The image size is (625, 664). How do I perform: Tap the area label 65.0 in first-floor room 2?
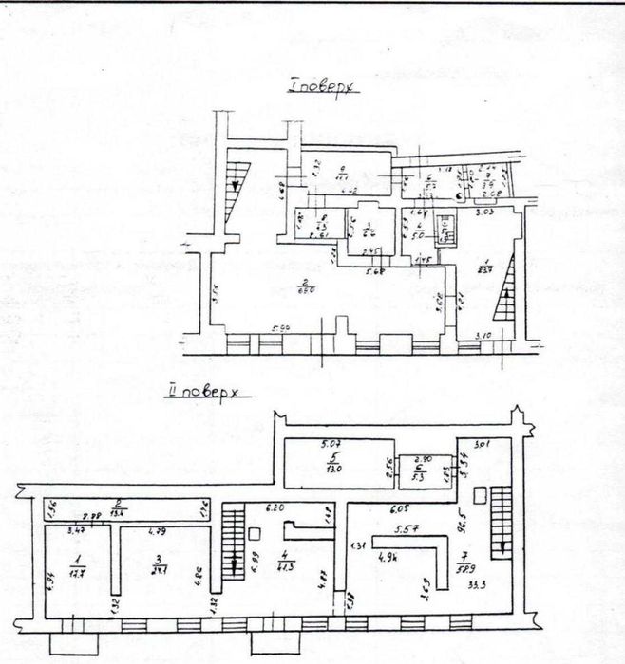307,290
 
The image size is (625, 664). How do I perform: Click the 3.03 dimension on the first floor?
486,213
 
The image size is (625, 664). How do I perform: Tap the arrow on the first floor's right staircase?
506,293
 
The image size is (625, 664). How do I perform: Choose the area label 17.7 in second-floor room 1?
80,572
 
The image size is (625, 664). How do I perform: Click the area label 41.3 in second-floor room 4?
284,566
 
